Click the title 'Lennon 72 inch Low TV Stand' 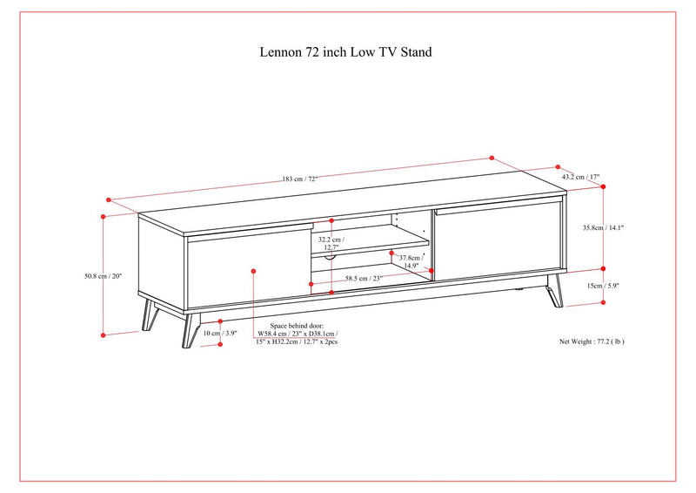click(346, 52)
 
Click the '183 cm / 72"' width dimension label click(299, 179)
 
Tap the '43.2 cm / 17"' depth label click(579, 177)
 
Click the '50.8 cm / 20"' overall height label click(103, 276)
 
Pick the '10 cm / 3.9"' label click(219, 333)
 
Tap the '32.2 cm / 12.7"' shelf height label click(331, 243)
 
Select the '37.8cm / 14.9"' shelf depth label click(410, 262)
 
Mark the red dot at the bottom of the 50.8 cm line click(103, 334)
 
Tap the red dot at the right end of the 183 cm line click(492, 159)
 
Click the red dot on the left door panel click(253, 271)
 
